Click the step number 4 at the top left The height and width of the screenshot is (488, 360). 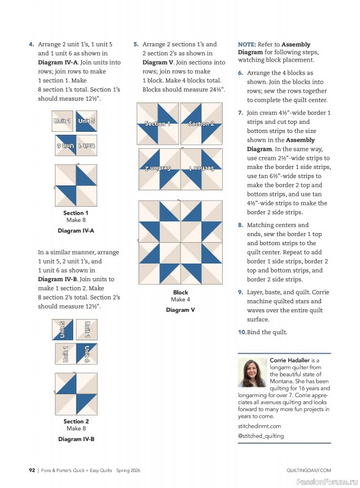point(31,45)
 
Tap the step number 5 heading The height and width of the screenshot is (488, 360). point(135,45)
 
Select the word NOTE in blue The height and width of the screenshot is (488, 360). point(247,45)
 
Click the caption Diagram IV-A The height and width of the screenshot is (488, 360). point(76,231)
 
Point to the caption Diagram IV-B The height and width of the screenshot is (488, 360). point(76,439)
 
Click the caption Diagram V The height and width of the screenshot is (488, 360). point(180,310)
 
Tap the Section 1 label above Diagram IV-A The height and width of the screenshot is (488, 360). point(76,213)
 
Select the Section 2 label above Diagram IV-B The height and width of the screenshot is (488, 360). point(76,421)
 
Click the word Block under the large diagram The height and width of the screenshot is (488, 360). point(181,292)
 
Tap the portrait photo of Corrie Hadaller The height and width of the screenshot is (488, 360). point(252,373)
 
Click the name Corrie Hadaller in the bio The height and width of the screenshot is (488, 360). point(290,361)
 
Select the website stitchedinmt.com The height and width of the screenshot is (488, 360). point(259,426)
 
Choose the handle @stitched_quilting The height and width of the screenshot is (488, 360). point(261,436)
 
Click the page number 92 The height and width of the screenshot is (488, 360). point(32,470)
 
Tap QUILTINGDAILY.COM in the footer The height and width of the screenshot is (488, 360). point(308,470)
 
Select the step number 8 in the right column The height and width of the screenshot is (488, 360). point(240,225)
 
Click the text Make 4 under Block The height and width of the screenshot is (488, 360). point(180,300)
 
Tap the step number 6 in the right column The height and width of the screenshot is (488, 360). point(240,73)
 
